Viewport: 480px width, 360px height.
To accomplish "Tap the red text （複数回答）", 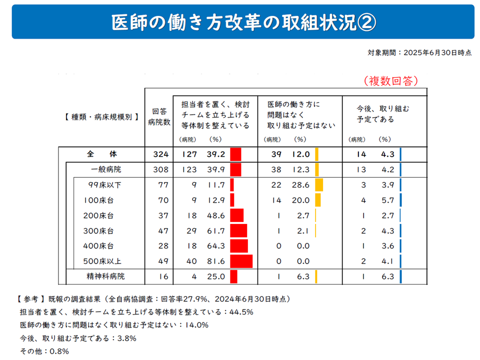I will [390, 80].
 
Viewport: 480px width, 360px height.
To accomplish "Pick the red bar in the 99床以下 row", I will [232, 185].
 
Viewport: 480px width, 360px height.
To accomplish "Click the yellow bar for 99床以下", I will [319, 185].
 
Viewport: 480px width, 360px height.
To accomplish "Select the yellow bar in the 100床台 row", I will [317, 200].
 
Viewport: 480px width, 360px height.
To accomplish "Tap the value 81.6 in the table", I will [215, 261].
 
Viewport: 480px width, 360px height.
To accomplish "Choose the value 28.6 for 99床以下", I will [300, 185].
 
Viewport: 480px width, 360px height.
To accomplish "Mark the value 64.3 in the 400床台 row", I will [215, 246].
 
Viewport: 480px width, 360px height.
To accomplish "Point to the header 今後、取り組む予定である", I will [382, 114].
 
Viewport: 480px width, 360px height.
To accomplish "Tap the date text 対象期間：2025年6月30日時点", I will [419, 52].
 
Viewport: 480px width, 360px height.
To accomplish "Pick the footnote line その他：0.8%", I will [44, 350].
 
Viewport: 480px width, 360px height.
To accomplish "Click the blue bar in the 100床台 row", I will [401, 200].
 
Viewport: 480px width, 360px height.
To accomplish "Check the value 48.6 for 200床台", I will [215, 215].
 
